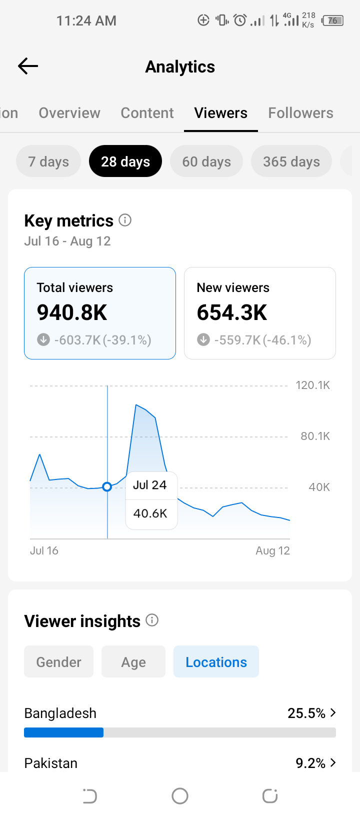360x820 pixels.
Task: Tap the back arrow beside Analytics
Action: point(28,66)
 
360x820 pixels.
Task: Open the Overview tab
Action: point(69,113)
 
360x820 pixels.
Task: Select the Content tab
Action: point(147,113)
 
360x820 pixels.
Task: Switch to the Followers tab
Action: point(300,113)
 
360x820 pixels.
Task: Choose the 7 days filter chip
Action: point(48,161)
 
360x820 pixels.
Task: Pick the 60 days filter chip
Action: point(206,161)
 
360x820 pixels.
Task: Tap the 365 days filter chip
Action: point(291,161)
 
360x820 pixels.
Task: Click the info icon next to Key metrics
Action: point(125,220)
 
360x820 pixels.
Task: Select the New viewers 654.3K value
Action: point(232,312)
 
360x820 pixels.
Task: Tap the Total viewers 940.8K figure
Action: point(72,312)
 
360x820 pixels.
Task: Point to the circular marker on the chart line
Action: point(107,487)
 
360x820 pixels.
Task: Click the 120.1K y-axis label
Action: point(313,385)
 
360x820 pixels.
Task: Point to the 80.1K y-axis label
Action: point(315,436)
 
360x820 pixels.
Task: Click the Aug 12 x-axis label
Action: point(273,550)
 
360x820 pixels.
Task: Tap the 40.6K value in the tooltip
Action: point(150,513)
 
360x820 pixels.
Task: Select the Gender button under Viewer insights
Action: point(58,661)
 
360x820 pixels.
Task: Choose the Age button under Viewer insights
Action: point(133,661)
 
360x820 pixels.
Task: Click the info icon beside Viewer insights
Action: point(152,620)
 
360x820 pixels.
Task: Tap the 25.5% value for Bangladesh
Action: point(306,713)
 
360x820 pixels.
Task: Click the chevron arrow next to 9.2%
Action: point(333,762)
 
